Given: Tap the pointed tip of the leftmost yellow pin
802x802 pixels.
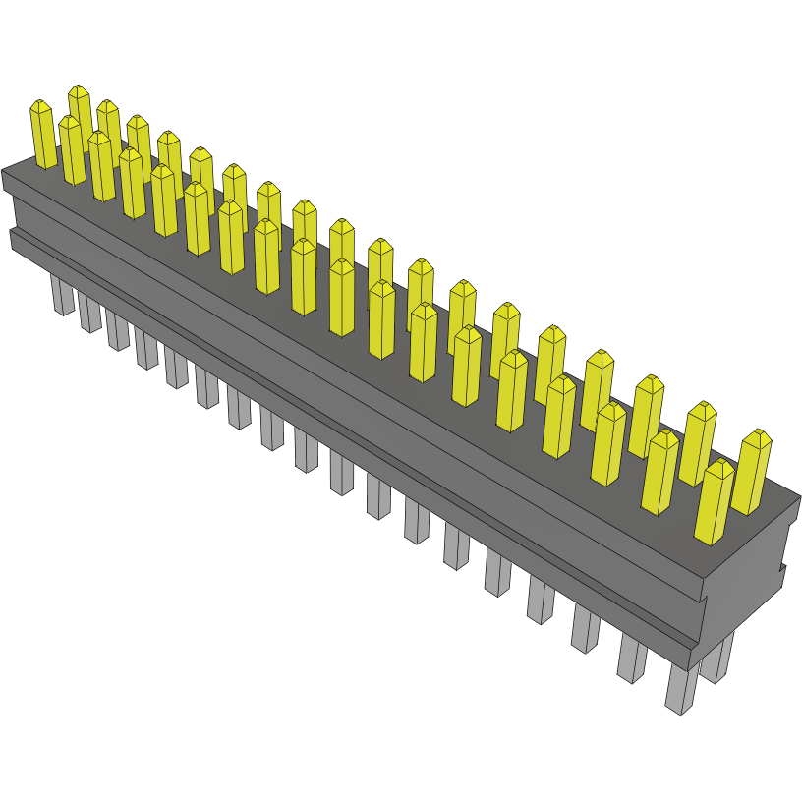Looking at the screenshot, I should pos(39,103).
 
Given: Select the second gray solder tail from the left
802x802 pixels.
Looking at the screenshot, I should pos(90,313).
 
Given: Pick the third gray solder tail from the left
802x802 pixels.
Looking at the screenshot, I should pos(118,331).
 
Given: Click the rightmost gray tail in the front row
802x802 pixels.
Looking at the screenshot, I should pos(680,688).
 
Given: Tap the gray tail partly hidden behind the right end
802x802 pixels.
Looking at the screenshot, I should pos(717,659).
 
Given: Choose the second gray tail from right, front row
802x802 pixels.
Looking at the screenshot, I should pos(632,659).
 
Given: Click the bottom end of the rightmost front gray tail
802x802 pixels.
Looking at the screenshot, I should pos(676,710).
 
